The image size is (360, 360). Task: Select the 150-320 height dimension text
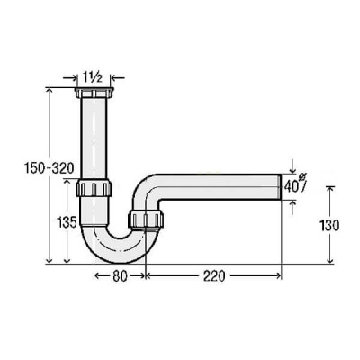(49, 168)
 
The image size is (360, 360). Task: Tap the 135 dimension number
(67, 222)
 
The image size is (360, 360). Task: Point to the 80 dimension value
(120, 276)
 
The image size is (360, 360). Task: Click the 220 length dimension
(214, 276)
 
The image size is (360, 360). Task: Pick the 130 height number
(329, 225)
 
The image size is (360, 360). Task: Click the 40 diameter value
(291, 187)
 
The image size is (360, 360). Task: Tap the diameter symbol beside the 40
(301, 178)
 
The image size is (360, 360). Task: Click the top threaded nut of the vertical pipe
(94, 93)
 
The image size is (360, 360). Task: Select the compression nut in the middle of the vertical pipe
(94, 188)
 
